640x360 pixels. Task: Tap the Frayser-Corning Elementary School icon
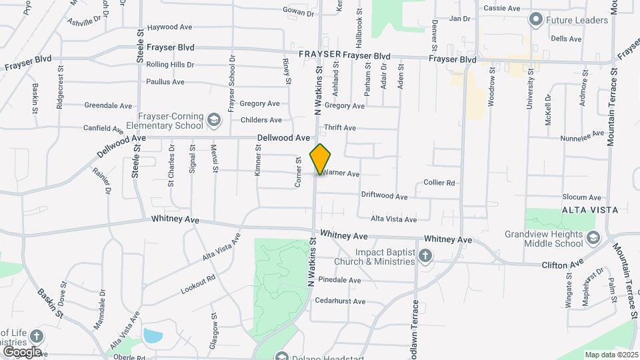pos(214,120)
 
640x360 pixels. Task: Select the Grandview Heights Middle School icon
pos(593,238)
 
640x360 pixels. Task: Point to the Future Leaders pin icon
pos(535,19)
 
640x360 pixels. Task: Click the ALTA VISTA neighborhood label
pos(590,210)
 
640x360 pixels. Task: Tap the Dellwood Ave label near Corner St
pos(283,138)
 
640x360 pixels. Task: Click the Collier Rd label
pos(439,183)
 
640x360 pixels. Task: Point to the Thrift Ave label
pos(339,127)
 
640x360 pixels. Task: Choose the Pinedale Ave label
pos(339,280)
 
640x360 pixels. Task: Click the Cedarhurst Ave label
pos(340,301)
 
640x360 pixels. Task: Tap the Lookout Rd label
pos(198,285)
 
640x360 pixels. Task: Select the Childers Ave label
pos(261,120)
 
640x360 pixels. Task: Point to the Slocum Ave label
pos(581,197)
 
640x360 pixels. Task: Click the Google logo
pos(22,351)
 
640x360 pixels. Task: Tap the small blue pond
pos(152,335)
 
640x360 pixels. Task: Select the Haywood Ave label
pos(169,27)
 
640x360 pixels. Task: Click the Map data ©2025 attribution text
pos(611,355)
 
